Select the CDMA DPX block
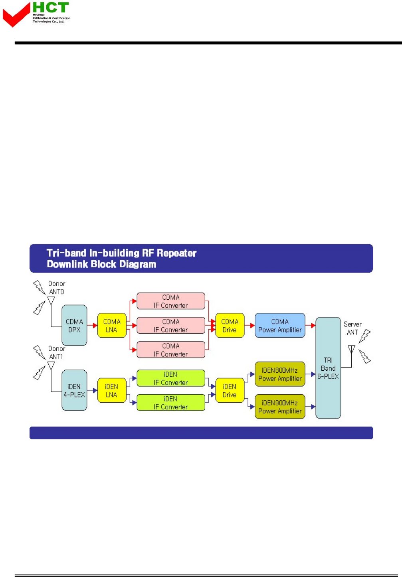[x=74, y=326]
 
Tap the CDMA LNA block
[x=112, y=326]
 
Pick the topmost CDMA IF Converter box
[x=171, y=301]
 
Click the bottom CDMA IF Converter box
[x=171, y=350]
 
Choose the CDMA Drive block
[x=230, y=326]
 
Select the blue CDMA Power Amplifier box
[x=280, y=326]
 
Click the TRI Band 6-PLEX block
[x=328, y=368]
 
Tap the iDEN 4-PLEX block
[x=74, y=391]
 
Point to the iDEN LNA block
[x=112, y=391]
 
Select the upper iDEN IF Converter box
[x=171, y=378]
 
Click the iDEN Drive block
[x=230, y=391]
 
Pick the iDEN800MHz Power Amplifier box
[x=280, y=374]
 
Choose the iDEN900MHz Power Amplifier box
[x=280, y=407]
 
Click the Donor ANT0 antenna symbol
[x=51, y=301]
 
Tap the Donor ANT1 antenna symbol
[x=51, y=366]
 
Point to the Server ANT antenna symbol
[x=351, y=350]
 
